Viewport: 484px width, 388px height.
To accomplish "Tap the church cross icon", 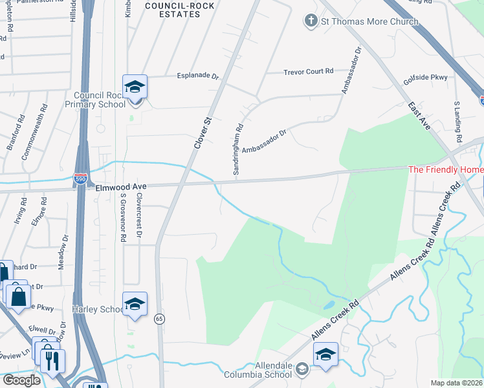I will tap(311, 21).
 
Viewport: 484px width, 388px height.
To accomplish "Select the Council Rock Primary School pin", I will tap(135, 89).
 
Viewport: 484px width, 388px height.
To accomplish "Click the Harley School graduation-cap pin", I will tap(135, 305).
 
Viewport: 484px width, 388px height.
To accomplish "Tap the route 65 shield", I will tap(159, 318).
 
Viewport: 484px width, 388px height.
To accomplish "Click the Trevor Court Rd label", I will tap(308, 72).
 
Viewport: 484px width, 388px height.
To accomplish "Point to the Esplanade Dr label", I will tap(198, 76).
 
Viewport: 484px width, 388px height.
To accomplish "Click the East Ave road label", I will tap(419, 116).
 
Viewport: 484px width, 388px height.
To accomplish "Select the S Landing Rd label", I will tap(457, 122).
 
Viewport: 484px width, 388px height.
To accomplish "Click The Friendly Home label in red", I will tap(445, 170).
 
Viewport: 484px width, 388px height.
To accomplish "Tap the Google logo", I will tap(22, 380).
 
